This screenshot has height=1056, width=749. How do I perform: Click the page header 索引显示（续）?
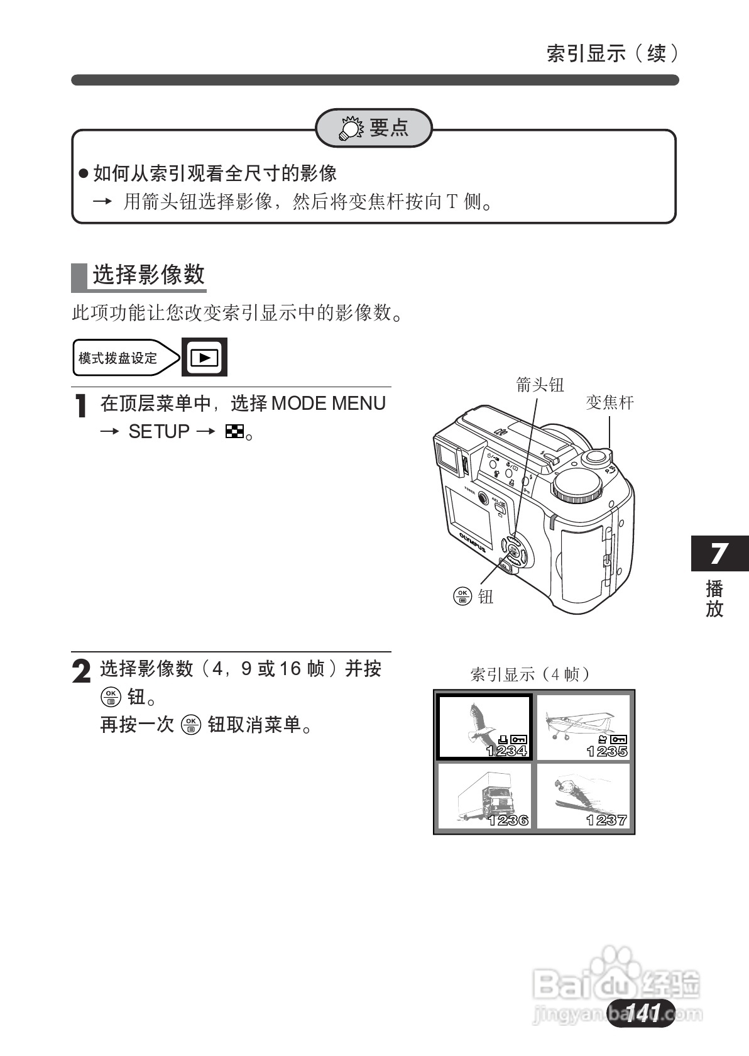tap(613, 53)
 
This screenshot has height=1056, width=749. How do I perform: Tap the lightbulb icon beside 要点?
tap(349, 129)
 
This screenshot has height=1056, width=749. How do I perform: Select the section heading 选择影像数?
tap(148, 275)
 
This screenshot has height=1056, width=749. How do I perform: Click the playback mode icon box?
tap(204, 357)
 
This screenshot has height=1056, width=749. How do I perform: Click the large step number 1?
tap(80, 407)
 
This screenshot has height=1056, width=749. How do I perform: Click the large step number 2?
tap(82, 671)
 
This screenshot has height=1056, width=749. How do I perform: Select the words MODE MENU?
tap(329, 403)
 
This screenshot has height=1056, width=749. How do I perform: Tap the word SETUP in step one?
tap(159, 432)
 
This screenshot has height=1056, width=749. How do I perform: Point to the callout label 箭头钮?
tap(540, 385)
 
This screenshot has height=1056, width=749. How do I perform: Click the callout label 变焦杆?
tap(610, 402)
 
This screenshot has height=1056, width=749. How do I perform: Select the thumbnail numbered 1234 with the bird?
tap(484, 727)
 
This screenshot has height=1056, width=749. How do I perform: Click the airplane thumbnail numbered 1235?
tap(583, 727)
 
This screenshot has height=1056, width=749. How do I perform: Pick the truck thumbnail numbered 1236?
tap(484, 796)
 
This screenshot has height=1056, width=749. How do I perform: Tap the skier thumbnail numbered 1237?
tap(583, 796)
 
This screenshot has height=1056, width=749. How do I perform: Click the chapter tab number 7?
tap(719, 554)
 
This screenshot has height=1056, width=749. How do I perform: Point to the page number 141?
tap(642, 1013)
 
